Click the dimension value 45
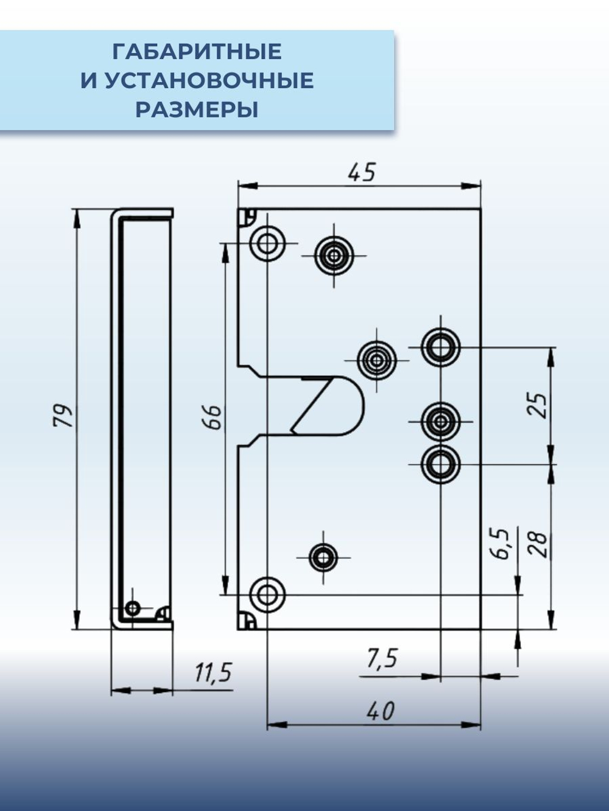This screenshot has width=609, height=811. tap(362, 172)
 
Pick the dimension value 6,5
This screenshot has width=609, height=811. tap(501, 543)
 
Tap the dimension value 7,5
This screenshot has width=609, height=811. tap(382, 658)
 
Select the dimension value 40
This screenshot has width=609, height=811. tap(381, 711)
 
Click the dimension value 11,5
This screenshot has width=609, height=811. tap(213, 673)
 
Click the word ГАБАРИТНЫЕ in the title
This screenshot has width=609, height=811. tap(197, 52)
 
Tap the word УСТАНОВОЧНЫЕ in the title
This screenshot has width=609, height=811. tap(209, 80)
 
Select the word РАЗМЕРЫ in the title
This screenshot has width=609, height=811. tap(197, 110)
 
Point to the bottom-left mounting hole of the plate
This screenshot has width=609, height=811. tap(267, 594)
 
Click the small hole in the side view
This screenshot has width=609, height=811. tap(132, 607)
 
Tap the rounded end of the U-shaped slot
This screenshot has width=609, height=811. tap(356, 405)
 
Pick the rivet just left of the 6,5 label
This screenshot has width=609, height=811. tap(323, 557)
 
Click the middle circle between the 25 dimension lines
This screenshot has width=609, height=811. tap(440, 420)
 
